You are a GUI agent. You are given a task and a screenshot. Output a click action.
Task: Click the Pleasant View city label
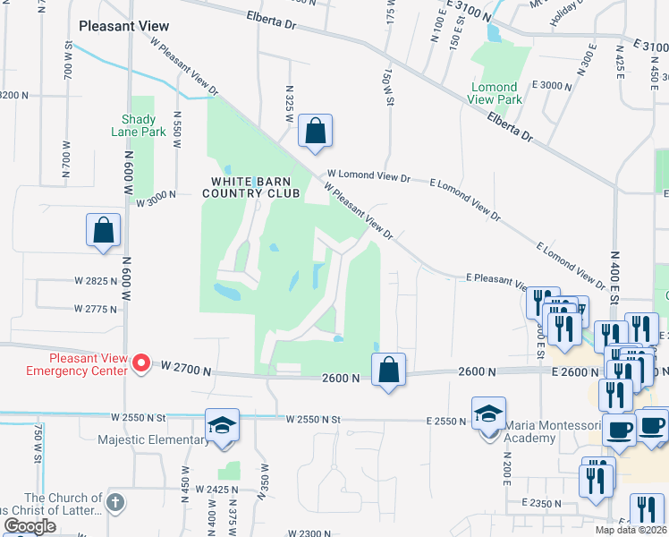click(x=123, y=26)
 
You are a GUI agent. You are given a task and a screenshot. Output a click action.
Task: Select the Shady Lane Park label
click(x=139, y=125)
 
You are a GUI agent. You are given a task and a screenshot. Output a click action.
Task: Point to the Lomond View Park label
click(x=495, y=93)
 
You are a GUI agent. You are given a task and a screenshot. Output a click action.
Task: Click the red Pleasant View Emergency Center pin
click(x=141, y=363)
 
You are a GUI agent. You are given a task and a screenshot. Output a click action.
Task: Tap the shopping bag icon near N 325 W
click(x=315, y=131)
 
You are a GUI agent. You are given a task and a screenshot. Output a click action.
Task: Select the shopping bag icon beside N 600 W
click(x=104, y=229)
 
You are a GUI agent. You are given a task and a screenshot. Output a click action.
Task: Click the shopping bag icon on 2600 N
click(x=388, y=370)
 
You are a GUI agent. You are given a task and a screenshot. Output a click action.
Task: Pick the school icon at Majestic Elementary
click(x=222, y=424)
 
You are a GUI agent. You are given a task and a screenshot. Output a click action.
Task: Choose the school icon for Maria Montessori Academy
click(x=488, y=413)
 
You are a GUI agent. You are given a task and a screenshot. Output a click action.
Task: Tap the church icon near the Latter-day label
click(x=115, y=503)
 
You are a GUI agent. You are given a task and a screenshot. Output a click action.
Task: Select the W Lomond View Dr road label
click(x=368, y=177)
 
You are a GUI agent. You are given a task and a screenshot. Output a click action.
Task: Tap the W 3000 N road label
click(x=158, y=203)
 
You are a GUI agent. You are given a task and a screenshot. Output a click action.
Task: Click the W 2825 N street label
click(x=96, y=280)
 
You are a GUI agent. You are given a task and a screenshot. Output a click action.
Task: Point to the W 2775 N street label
click(x=96, y=309)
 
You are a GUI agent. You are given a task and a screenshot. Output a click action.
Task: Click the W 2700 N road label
click(x=186, y=368)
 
